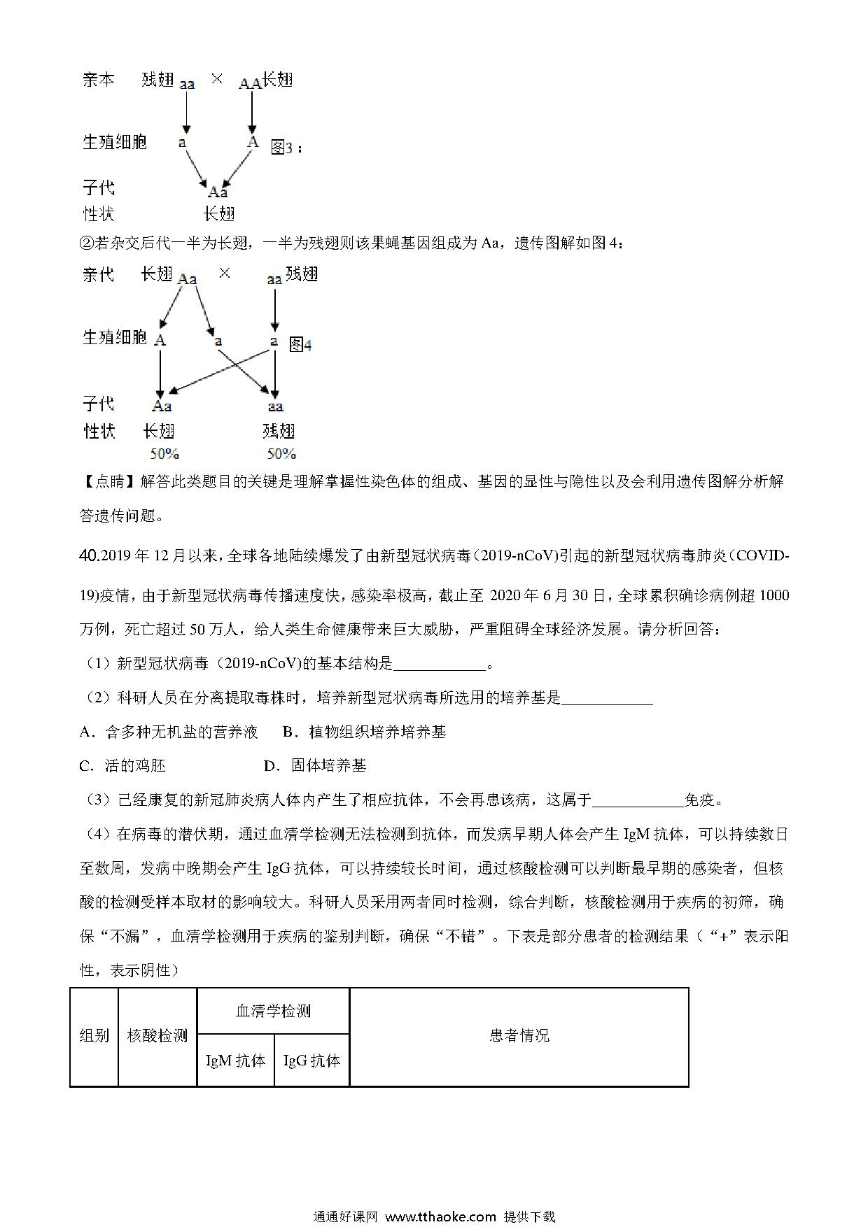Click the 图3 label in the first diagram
[281, 148]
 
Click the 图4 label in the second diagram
[300, 344]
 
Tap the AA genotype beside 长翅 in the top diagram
[250, 84]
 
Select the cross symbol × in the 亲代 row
[224, 274]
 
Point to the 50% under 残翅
[281, 454]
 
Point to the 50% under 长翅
[164, 454]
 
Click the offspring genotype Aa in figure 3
[218, 192]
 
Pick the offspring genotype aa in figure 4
[275, 406]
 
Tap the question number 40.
[90, 556]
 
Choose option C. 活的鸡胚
[123, 766]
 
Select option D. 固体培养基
[315, 766]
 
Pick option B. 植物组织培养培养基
[364, 732]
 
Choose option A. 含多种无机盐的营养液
[169, 732]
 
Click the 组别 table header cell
[94, 1036]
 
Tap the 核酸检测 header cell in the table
[157, 1036]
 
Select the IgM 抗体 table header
[235, 1061]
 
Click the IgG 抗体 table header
[311, 1061]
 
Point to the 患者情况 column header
[519, 1036]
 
